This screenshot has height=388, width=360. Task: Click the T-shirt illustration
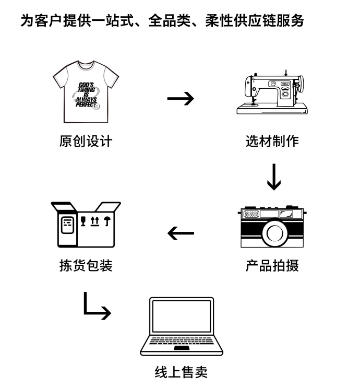tap(86, 93)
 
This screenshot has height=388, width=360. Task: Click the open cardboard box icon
tap(86, 224)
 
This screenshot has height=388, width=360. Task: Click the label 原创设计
tap(86, 141)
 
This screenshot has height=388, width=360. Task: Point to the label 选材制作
tap(272, 141)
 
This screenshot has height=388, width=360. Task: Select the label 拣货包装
tap(86, 266)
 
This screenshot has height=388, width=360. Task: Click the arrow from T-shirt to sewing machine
tap(181, 98)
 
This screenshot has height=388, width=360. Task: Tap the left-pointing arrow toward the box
tap(181, 232)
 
